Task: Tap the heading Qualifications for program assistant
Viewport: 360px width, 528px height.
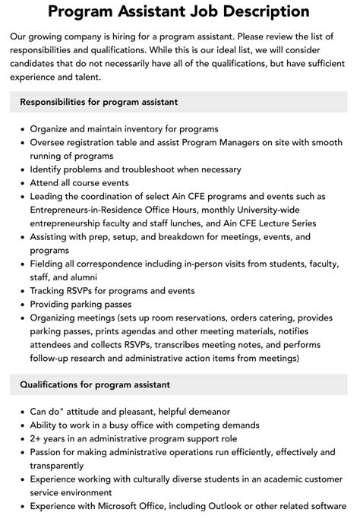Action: tap(95, 384)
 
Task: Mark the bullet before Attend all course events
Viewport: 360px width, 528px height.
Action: tap(22, 183)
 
